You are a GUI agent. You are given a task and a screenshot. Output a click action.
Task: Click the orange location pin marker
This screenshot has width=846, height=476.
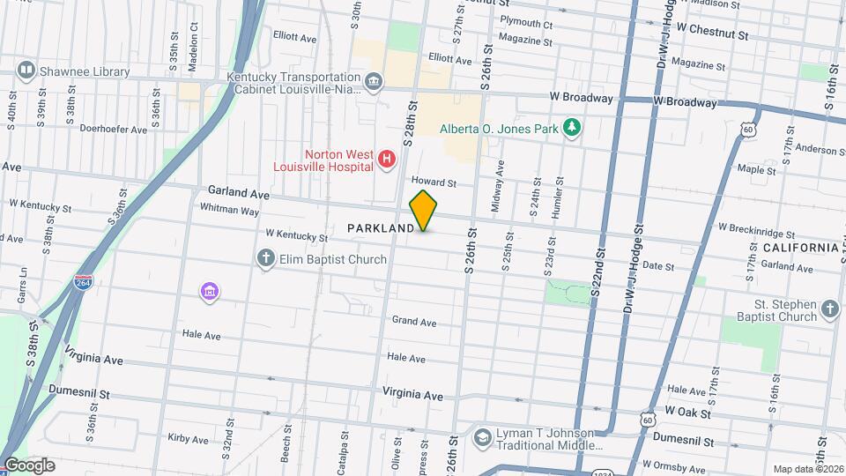tap(423, 211)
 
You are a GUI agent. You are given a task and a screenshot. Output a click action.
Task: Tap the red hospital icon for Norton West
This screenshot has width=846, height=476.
tap(386, 159)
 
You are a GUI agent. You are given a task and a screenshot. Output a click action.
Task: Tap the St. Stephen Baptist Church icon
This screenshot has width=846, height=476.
tap(828, 309)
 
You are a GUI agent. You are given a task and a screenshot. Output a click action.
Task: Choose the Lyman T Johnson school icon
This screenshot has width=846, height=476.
tap(482, 437)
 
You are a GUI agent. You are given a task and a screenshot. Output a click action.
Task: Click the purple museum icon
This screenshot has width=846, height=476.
tap(210, 291)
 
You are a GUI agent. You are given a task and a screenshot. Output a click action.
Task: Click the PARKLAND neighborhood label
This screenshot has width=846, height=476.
tap(381, 228)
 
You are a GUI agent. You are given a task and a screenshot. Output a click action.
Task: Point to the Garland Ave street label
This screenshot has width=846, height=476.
tap(238, 191)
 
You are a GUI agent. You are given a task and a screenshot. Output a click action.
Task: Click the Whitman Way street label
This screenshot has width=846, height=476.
tap(229, 211)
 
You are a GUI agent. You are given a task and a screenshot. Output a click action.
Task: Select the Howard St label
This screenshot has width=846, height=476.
tap(436, 183)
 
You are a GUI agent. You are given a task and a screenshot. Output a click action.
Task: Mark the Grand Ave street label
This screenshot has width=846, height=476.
tap(414, 322)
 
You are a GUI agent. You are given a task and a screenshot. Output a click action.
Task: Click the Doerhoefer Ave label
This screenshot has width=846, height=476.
tap(113, 129)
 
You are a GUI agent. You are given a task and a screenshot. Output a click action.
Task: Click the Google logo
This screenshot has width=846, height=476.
tap(29, 465)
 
